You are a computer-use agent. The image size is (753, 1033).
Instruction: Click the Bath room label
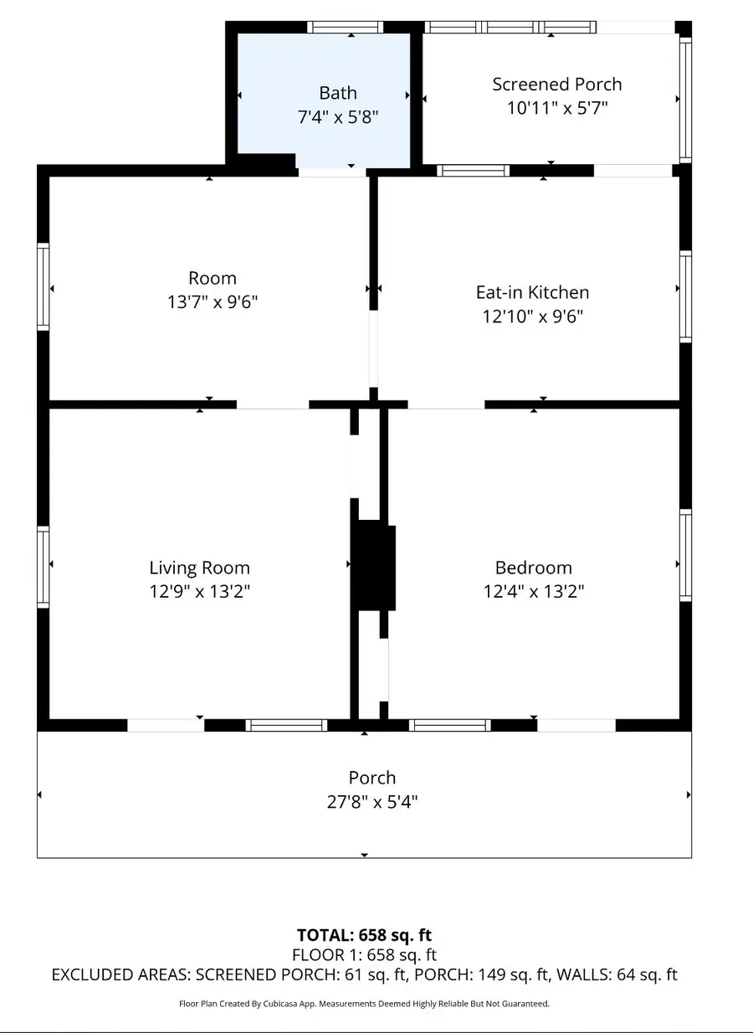338,93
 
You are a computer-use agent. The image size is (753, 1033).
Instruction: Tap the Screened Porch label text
556,85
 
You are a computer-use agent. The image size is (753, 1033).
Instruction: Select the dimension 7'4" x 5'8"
338,118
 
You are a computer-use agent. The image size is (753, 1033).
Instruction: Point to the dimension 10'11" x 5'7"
556,108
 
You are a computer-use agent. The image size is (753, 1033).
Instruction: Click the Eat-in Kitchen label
532,292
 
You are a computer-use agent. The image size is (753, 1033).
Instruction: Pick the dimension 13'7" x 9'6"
213,302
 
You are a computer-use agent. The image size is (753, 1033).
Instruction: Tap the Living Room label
199,568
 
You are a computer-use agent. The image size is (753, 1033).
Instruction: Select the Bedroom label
533,568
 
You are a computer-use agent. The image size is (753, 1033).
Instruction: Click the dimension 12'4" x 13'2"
533,591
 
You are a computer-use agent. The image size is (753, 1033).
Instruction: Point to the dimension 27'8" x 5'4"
372,802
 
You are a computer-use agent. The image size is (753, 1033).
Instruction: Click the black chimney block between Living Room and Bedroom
372,566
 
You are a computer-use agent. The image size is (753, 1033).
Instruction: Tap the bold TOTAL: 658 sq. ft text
364,935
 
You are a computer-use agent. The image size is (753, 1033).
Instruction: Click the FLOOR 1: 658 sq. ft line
364,954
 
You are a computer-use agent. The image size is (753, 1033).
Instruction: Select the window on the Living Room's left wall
44,565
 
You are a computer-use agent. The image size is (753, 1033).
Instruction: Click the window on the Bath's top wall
345,28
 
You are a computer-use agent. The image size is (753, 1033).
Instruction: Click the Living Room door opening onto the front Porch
166,725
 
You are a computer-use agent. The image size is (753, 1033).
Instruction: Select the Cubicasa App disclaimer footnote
364,1003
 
